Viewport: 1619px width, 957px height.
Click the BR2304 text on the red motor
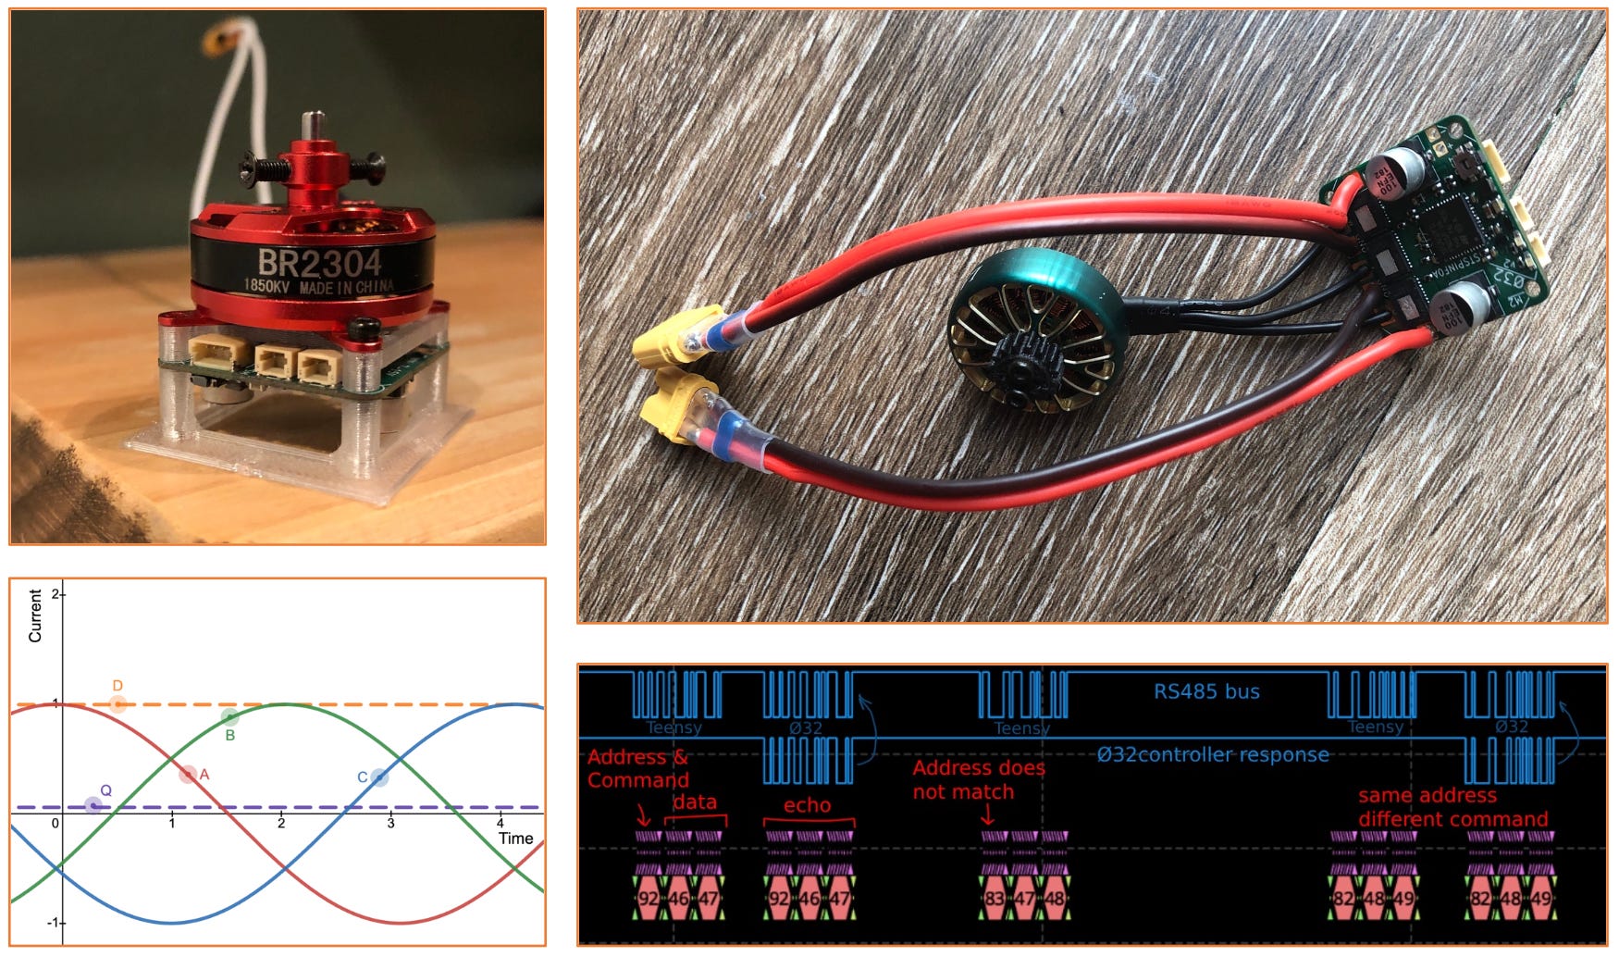[x=318, y=264]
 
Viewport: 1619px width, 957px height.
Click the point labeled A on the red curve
[x=188, y=774]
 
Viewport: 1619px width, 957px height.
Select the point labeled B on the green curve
[x=229, y=716]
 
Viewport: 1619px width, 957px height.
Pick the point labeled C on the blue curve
[x=378, y=777]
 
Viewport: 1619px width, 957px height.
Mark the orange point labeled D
[x=117, y=703]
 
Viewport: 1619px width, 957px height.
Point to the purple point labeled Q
[x=93, y=805]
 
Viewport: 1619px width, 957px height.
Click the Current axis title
[x=35, y=615]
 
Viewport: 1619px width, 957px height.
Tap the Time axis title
[x=515, y=839]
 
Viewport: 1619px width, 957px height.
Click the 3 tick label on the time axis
[x=390, y=823]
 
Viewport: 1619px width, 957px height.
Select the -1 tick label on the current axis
[x=53, y=923]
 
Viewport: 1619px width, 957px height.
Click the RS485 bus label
[x=1206, y=691]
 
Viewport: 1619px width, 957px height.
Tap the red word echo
[x=807, y=805]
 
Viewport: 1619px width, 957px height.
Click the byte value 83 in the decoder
[x=995, y=899]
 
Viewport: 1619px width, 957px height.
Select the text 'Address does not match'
[x=977, y=779]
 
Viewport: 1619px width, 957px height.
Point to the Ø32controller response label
[x=1213, y=754]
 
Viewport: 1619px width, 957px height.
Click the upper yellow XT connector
[x=676, y=334]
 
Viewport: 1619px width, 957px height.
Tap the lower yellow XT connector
[x=680, y=408]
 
